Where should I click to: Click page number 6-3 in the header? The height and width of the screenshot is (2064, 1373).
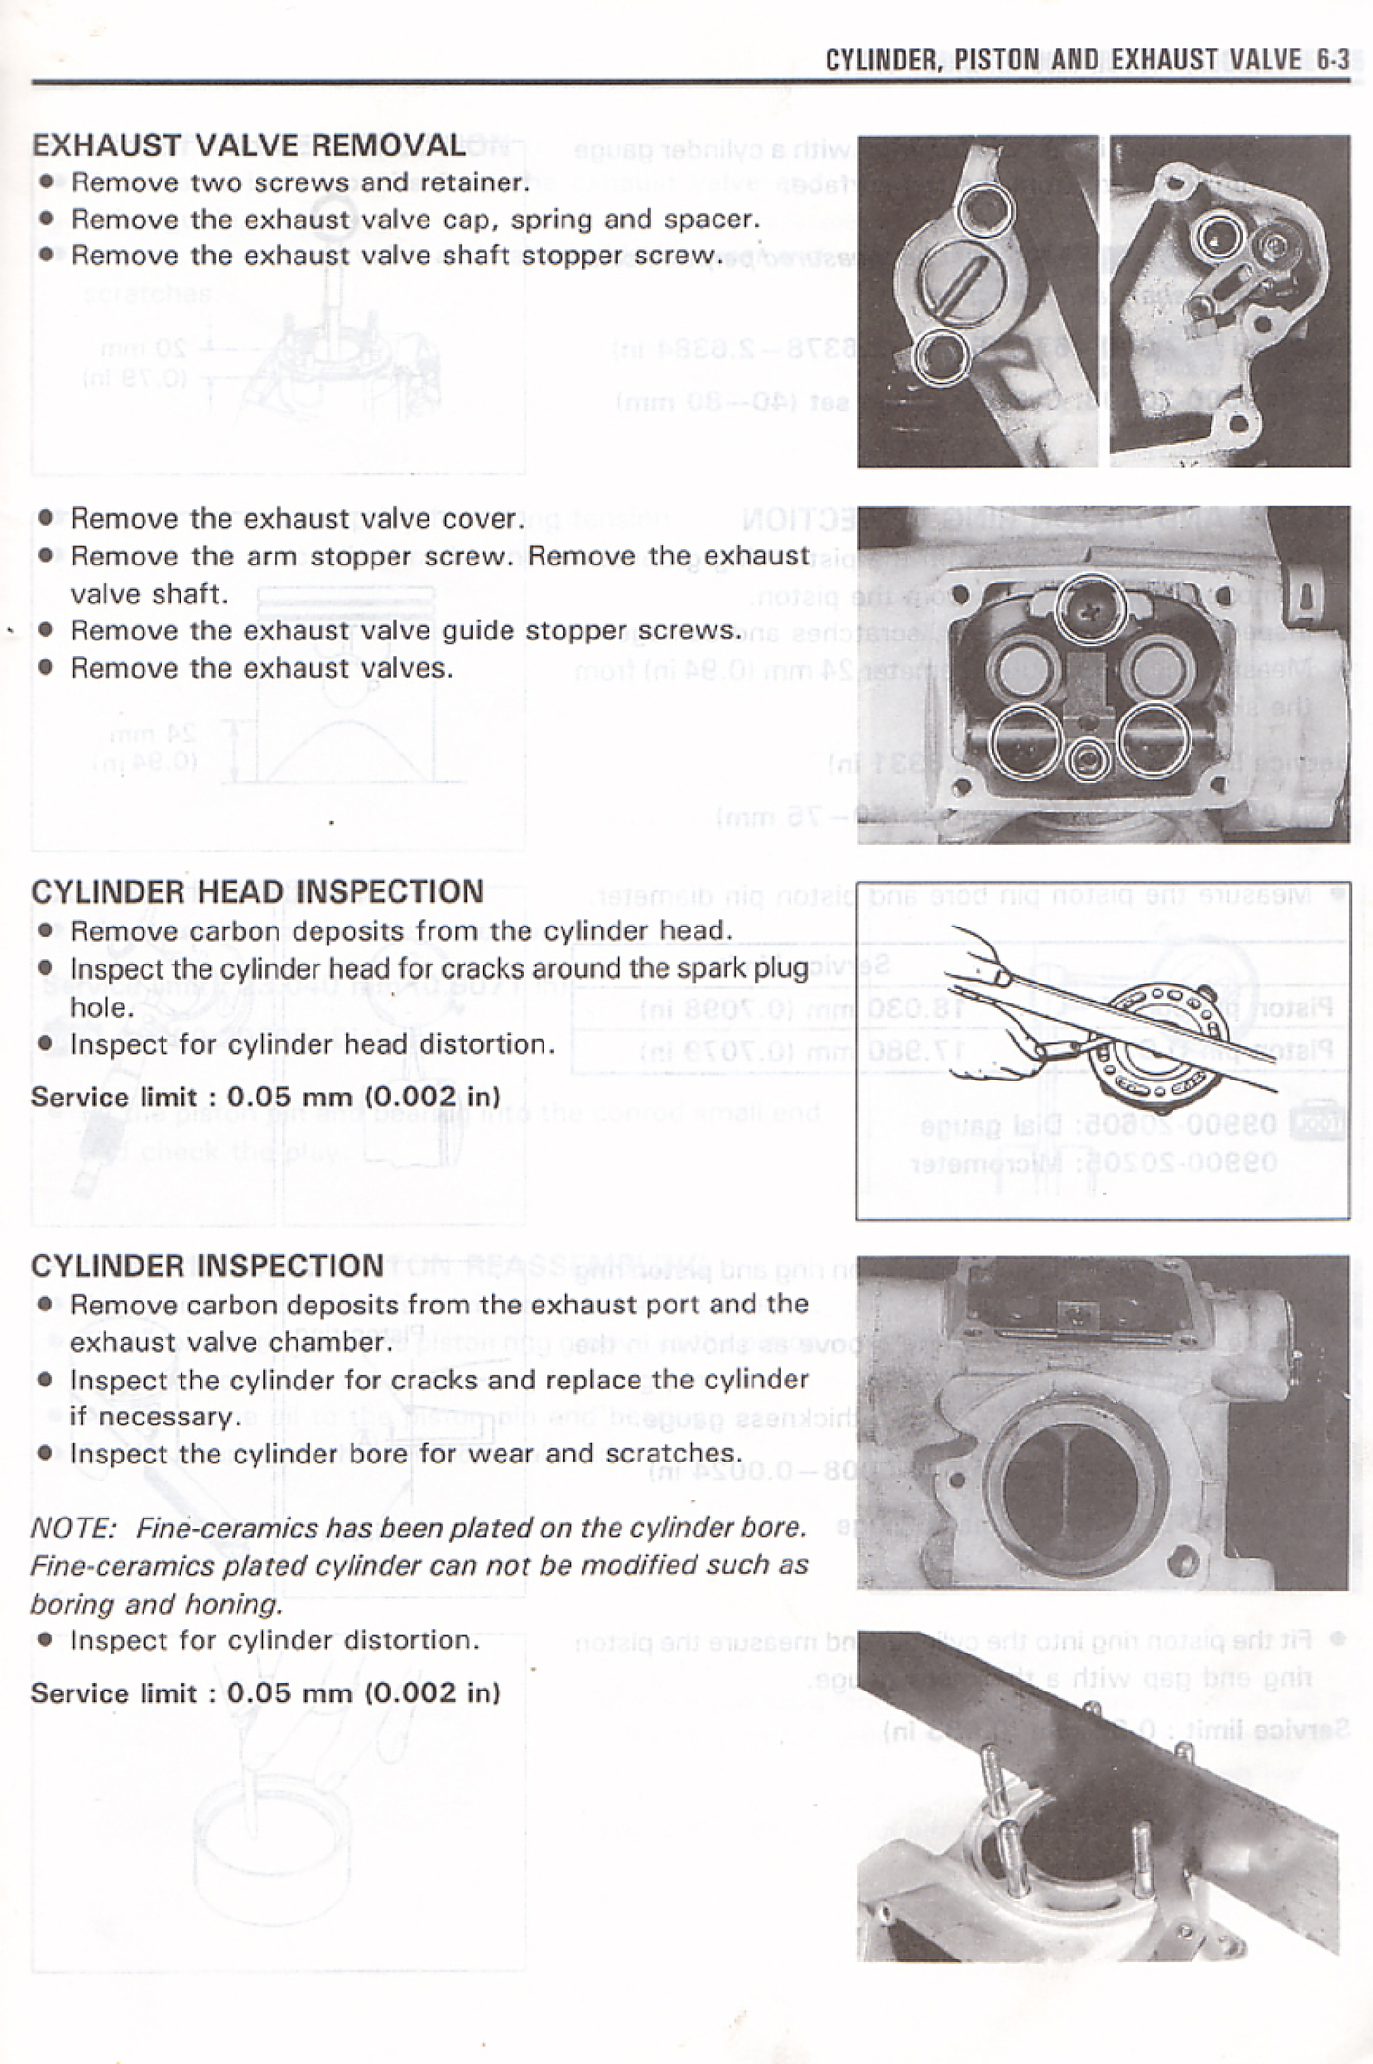point(1332,61)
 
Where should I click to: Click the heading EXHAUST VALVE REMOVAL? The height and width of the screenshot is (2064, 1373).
point(249,145)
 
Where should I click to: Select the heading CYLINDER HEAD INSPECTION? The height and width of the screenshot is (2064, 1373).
point(257,892)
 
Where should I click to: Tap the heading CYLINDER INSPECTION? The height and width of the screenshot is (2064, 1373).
point(207,1267)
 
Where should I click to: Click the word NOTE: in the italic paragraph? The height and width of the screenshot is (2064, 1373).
point(72,1529)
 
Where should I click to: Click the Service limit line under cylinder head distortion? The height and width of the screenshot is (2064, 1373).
point(266,1097)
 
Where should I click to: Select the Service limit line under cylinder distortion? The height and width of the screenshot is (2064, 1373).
point(266,1693)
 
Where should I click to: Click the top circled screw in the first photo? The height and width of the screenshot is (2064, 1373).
point(984,209)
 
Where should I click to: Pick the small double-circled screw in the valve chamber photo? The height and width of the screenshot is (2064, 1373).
point(1089,760)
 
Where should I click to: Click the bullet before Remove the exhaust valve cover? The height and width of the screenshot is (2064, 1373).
point(46,519)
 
